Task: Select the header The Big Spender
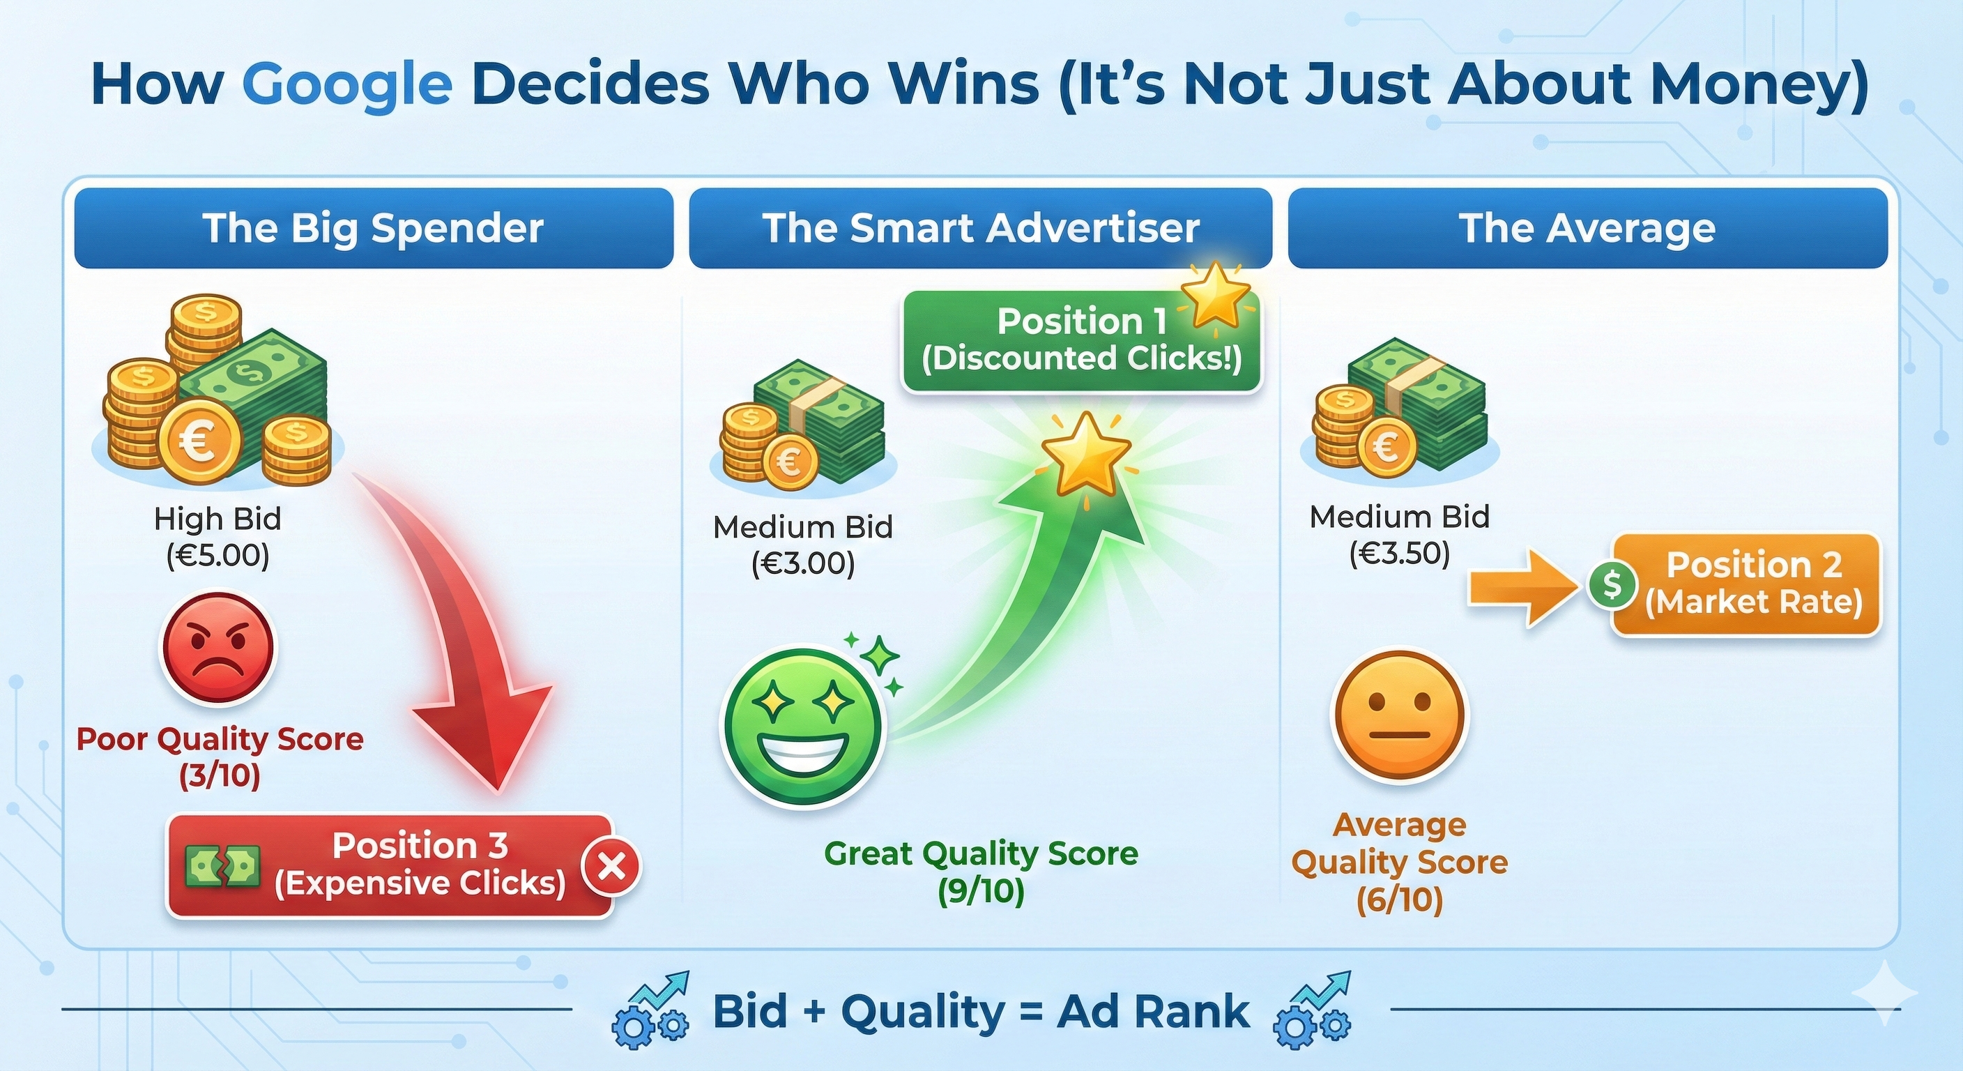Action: click(x=374, y=228)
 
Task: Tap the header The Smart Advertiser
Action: click(x=981, y=228)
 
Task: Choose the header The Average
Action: click(x=1587, y=228)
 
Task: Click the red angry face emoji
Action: click(x=218, y=648)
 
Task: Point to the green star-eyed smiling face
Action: click(x=802, y=726)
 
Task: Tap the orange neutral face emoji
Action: click(x=1399, y=715)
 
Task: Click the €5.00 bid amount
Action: click(x=218, y=556)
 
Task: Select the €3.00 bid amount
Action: click(x=802, y=564)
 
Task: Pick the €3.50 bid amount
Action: click(x=1399, y=554)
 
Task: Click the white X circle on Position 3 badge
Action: click(x=611, y=867)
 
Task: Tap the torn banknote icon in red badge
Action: click(x=222, y=867)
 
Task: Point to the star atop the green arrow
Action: click(x=1085, y=455)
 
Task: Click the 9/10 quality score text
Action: click(x=981, y=891)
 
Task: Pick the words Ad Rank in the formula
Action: click(x=1153, y=1012)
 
